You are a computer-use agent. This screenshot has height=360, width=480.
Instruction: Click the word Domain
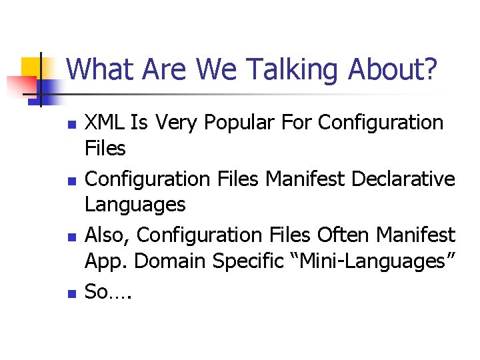tap(169, 261)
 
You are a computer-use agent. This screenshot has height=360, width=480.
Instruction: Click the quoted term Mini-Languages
tap(368, 262)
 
